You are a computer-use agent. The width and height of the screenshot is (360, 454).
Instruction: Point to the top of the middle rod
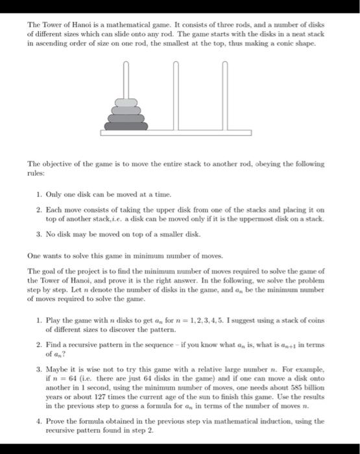[x=176, y=64]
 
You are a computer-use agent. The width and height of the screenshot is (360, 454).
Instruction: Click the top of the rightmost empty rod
[x=224, y=64]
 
